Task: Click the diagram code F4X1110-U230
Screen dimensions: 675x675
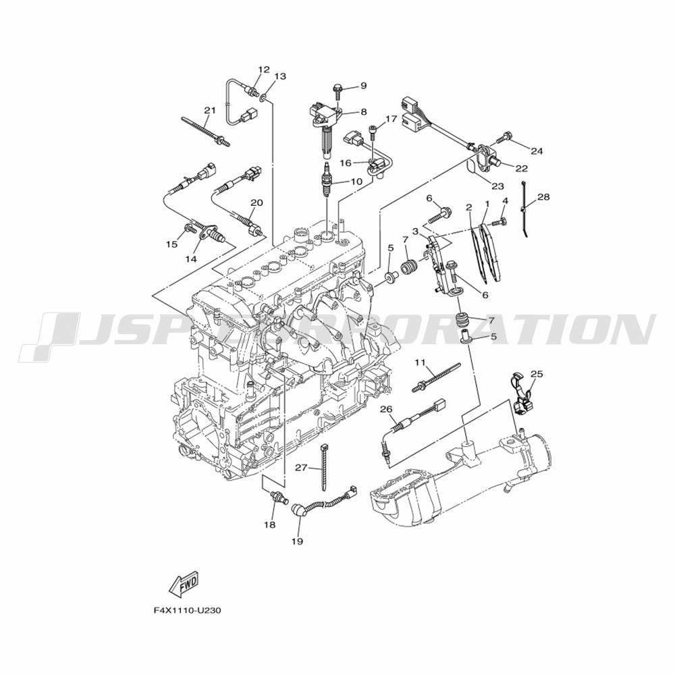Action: click(x=187, y=610)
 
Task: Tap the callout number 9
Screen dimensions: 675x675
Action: click(x=364, y=86)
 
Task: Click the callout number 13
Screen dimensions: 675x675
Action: click(x=280, y=77)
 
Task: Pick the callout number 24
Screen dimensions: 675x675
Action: click(x=537, y=151)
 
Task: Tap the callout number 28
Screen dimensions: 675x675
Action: click(x=543, y=196)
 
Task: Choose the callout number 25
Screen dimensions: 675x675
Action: click(x=537, y=374)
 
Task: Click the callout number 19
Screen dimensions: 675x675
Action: click(x=297, y=541)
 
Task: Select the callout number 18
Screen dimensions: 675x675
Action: click(x=270, y=524)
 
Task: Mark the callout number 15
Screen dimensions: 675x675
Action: click(x=171, y=244)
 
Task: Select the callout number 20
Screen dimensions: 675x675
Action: click(x=256, y=202)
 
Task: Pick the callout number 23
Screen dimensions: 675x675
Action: click(x=497, y=186)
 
